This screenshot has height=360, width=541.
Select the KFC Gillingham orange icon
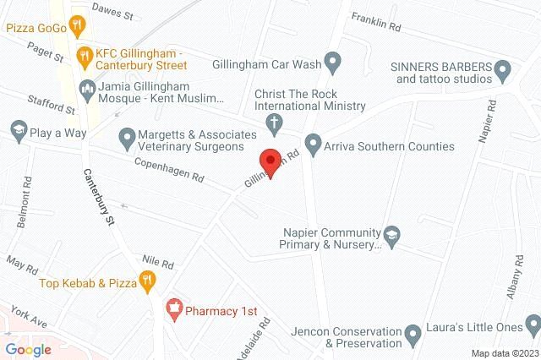pyautogui.click(x=83, y=57)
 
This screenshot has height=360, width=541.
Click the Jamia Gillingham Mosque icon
pyautogui.click(x=87, y=87)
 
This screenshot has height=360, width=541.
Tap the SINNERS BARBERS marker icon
pyautogui.click(x=504, y=67)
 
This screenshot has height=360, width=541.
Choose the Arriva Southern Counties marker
pyautogui.click(x=314, y=145)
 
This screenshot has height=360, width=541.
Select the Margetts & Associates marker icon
pyautogui.click(x=128, y=135)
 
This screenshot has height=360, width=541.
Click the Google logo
pyautogui.click(x=29, y=349)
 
